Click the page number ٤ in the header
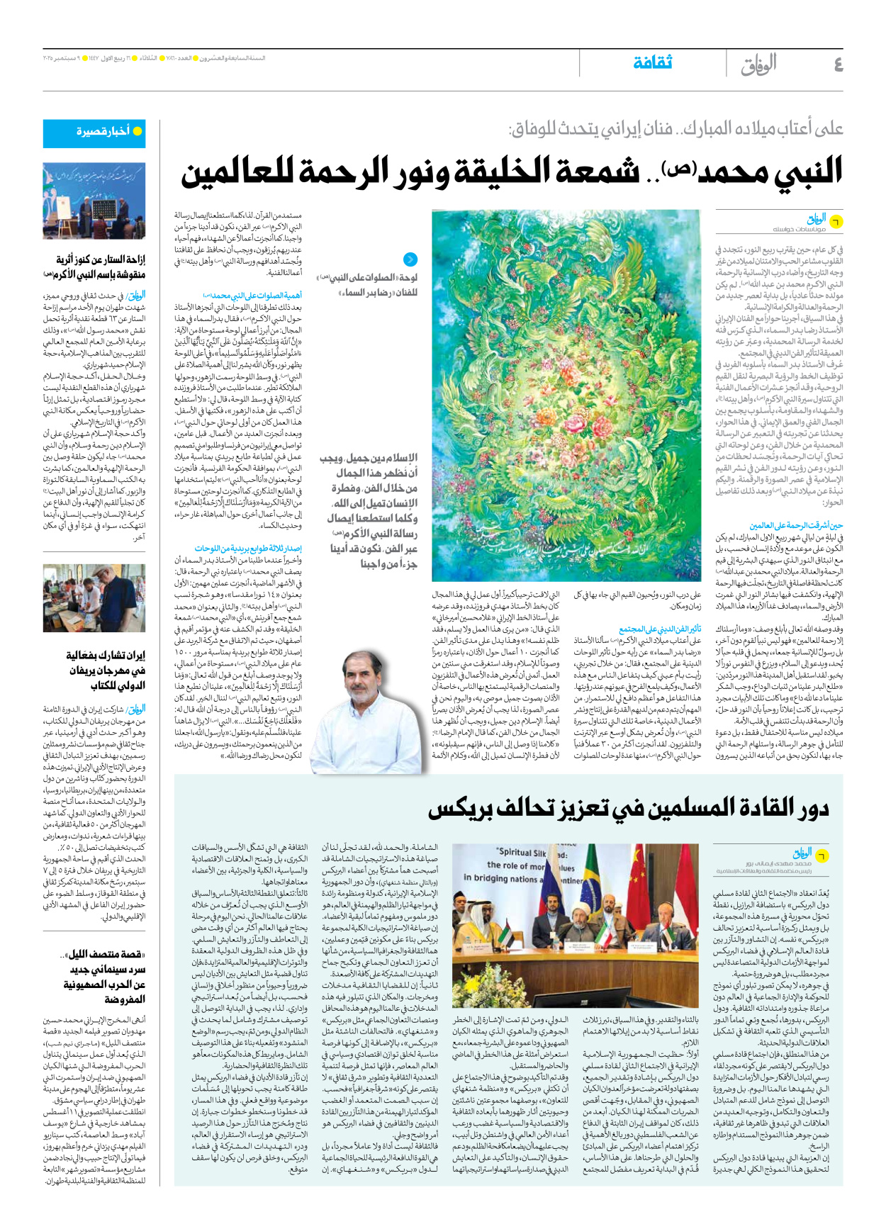click(x=838, y=64)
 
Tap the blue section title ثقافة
click(x=652, y=63)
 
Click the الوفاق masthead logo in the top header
click(x=758, y=65)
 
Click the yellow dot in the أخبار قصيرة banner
click(x=138, y=131)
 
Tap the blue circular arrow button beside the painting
click(x=410, y=259)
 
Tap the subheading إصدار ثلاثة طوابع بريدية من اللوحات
click(x=248, y=548)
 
